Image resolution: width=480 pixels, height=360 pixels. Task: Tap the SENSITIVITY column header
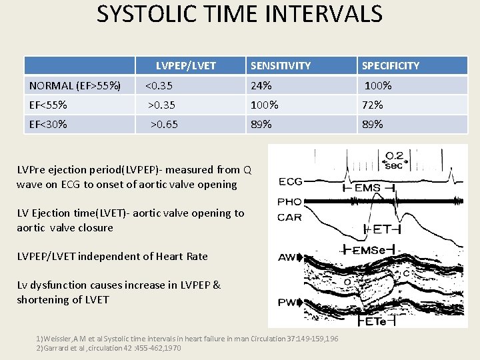280,65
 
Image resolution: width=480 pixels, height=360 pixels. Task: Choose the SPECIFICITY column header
390,65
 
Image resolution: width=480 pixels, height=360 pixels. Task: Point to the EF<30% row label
48,124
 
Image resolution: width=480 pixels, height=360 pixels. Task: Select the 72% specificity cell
372,105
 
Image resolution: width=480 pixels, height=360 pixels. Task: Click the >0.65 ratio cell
164,124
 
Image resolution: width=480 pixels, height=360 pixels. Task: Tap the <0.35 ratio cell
160,85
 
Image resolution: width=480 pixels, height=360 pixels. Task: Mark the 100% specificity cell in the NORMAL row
378,85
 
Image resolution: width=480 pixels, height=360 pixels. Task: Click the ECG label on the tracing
290,181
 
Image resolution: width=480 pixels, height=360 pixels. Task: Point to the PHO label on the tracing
290,201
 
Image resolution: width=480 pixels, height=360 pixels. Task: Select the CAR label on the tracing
290,217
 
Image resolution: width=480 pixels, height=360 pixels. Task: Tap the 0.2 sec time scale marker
394,161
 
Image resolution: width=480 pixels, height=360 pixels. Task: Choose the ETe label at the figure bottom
375,321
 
